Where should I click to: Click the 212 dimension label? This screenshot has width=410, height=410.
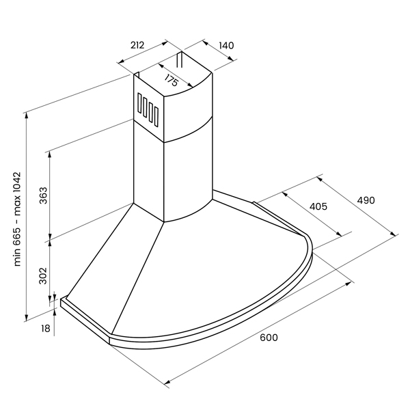tap(137, 45)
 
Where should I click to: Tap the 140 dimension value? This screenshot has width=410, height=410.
tap(226, 46)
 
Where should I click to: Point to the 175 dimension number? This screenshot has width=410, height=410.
tap(172, 80)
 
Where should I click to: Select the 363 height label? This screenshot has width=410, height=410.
tap(43, 195)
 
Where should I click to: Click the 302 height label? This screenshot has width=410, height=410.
tap(42, 275)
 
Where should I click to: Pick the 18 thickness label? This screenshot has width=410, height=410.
tap(46, 329)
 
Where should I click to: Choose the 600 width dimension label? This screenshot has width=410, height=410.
tap(269, 338)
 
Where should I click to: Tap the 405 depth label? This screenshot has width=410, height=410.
tap(318, 206)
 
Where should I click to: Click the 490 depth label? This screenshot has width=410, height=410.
tap(366, 200)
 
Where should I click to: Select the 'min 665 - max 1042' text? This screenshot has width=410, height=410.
tap(17, 219)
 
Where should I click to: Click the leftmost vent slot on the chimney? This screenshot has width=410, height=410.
tap(139, 103)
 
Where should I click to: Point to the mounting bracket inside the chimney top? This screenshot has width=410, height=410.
tap(179, 59)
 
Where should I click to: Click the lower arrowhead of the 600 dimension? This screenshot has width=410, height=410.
tap(167, 382)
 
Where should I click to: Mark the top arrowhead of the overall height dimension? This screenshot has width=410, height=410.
tap(26, 115)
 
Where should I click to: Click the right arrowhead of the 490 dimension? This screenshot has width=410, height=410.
tap(393, 234)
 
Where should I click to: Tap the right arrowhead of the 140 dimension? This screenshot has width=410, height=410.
tap(230, 58)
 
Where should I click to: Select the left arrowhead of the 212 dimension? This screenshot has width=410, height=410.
tap(121, 61)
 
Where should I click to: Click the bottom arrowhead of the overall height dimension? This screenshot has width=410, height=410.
tap(26, 318)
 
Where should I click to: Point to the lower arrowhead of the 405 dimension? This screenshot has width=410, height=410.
tap(338, 234)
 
